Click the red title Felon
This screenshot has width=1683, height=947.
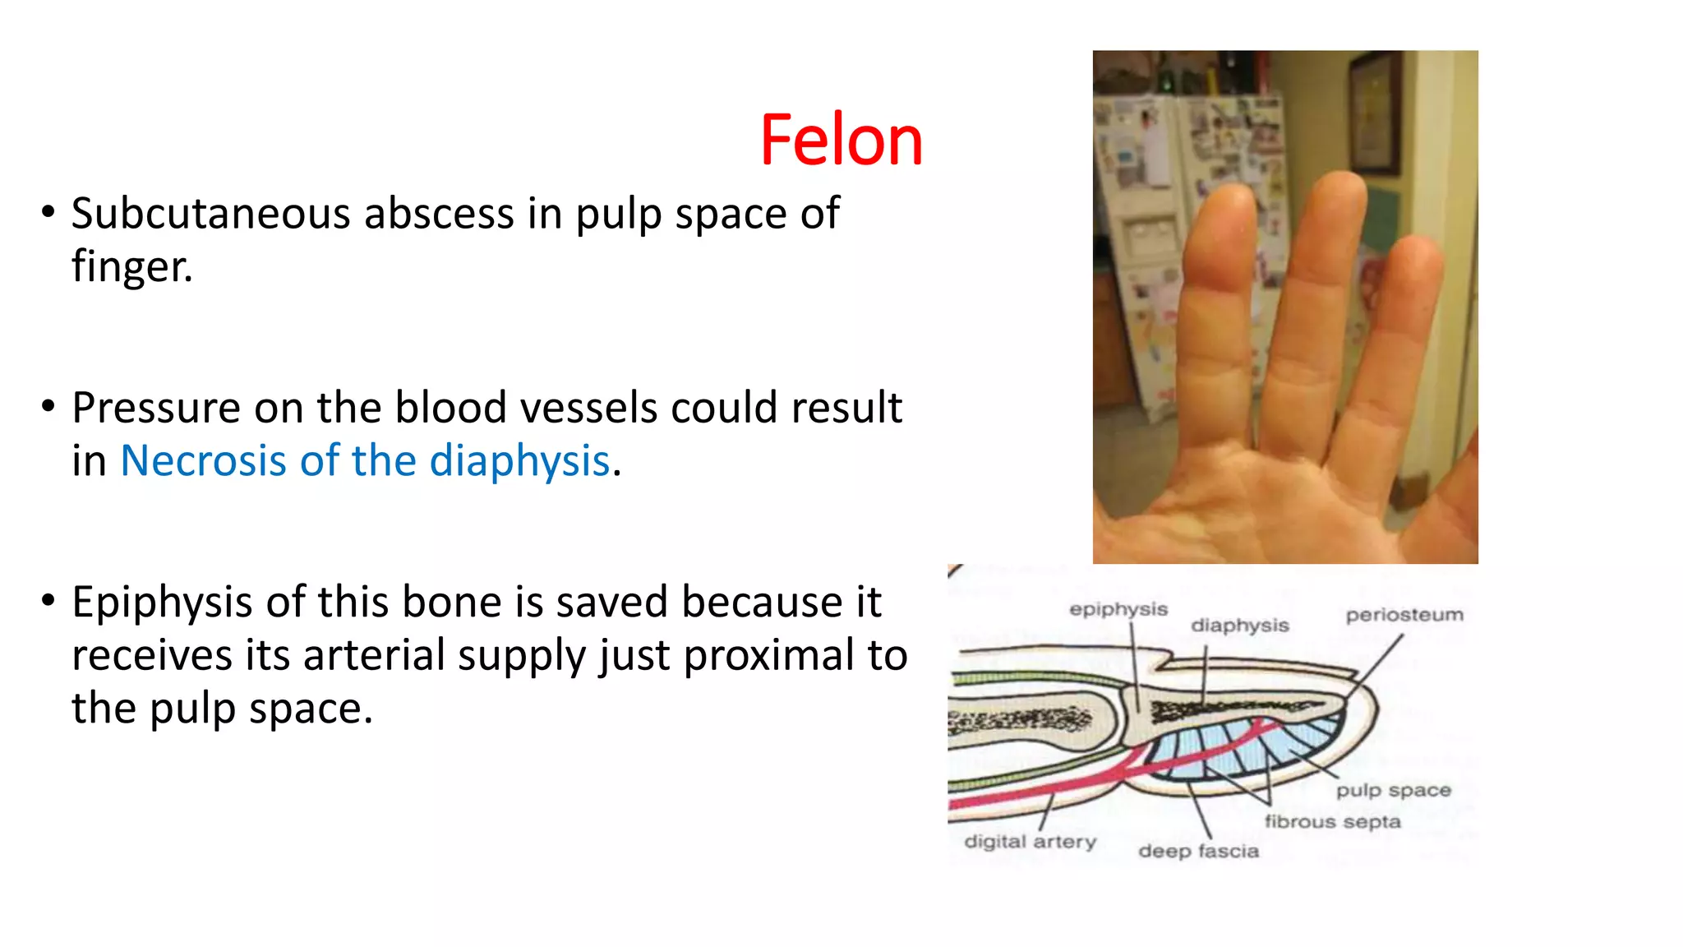pyautogui.click(x=841, y=141)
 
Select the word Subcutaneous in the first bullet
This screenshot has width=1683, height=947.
pyautogui.click(x=211, y=214)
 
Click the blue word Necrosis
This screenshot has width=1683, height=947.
pyautogui.click(x=203, y=460)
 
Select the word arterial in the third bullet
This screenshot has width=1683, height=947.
pyautogui.click(x=374, y=655)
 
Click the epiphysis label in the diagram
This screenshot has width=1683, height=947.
pyautogui.click(x=1118, y=609)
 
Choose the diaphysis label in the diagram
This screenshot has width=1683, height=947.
pyautogui.click(x=1239, y=626)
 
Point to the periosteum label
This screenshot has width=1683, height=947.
pyautogui.click(x=1404, y=615)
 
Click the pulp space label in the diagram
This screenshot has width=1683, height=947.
pyautogui.click(x=1393, y=791)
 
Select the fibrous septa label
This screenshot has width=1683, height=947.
pyautogui.click(x=1332, y=821)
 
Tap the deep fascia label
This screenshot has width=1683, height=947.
pyautogui.click(x=1198, y=851)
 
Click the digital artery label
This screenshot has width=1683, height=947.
pyautogui.click(x=1030, y=842)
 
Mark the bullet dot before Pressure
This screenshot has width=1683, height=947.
pyautogui.click(x=48, y=405)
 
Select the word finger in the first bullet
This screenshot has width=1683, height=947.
pyautogui.click(x=130, y=267)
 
